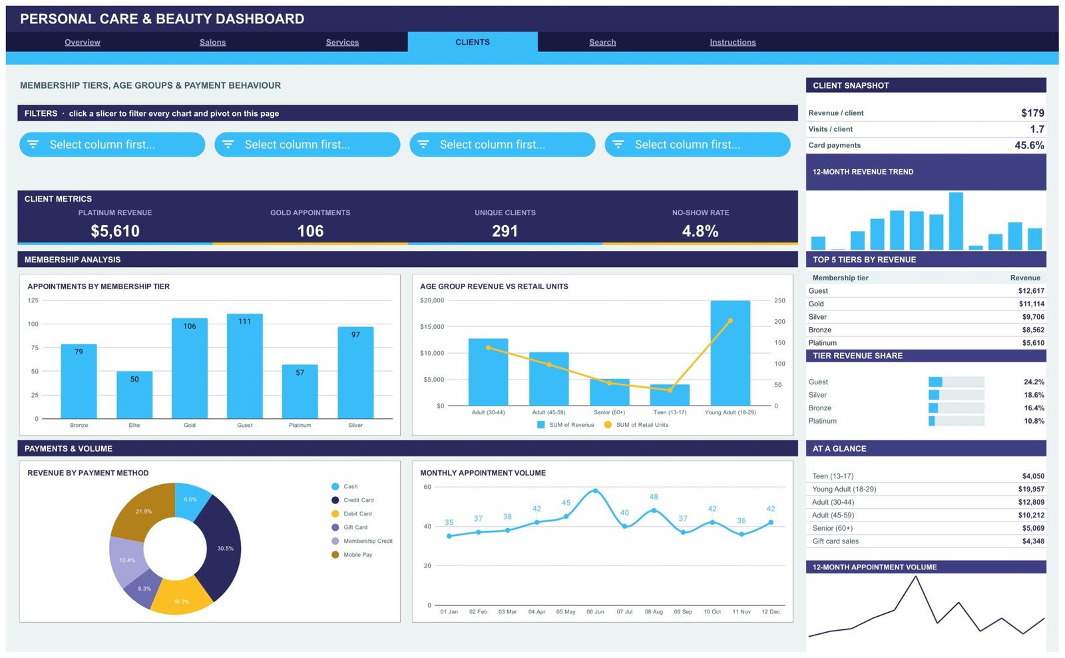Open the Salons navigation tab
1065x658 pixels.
(x=212, y=43)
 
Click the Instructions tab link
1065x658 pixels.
(x=733, y=43)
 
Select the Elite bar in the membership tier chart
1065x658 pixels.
(x=134, y=395)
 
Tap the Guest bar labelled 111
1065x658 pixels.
(x=245, y=366)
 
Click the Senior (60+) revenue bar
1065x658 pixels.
(x=610, y=392)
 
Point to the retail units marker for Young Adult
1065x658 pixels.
(x=730, y=320)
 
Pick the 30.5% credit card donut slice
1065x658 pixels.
(x=221, y=547)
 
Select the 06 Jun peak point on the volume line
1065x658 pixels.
(x=595, y=491)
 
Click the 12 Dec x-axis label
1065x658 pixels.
(x=771, y=612)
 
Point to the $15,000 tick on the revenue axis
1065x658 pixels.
(x=432, y=327)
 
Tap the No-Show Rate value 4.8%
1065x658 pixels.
(x=700, y=231)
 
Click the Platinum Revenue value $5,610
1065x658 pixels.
(x=115, y=231)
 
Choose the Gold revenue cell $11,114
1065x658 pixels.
(x=1031, y=304)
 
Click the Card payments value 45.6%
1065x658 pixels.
(x=1029, y=146)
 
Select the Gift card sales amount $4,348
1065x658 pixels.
(x=1033, y=541)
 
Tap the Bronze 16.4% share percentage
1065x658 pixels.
(x=1034, y=408)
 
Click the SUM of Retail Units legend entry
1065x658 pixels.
(x=636, y=425)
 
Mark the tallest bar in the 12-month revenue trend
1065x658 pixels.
(x=956, y=220)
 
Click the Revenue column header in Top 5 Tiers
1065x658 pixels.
(x=1025, y=278)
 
